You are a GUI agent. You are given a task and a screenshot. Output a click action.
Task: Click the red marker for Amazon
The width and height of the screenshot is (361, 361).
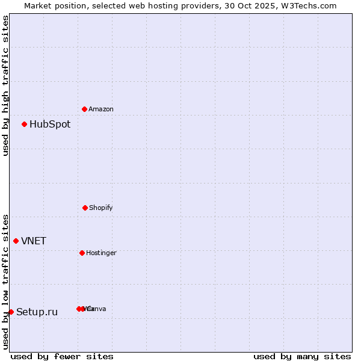[x=84, y=109]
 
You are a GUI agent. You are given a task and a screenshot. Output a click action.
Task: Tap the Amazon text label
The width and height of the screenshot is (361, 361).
[x=101, y=110]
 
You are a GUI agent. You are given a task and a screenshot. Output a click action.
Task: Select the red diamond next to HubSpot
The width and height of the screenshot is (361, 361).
[x=24, y=125]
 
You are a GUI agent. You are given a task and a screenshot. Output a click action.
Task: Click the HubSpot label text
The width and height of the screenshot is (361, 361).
[x=50, y=125]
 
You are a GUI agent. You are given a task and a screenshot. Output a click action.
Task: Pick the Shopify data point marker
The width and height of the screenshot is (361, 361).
[x=85, y=208]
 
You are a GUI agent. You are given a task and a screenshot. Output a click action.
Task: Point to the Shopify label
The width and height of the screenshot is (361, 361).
[x=101, y=208]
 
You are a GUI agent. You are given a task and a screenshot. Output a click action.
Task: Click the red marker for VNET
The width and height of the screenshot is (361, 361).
[x=16, y=241]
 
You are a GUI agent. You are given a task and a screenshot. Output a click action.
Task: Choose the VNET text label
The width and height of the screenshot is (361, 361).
[x=34, y=241]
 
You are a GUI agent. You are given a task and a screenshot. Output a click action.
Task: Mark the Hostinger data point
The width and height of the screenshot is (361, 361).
[x=82, y=253]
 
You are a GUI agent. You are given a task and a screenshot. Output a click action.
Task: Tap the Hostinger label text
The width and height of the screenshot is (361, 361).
[x=101, y=253]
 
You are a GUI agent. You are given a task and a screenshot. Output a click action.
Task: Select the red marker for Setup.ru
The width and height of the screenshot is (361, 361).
[x=11, y=312]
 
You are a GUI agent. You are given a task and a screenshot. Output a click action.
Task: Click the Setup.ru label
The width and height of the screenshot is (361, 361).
[x=37, y=312]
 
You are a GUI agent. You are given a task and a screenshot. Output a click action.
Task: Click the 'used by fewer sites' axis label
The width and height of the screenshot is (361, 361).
[x=62, y=356]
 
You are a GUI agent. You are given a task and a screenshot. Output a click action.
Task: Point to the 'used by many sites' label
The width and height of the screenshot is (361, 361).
[x=302, y=356]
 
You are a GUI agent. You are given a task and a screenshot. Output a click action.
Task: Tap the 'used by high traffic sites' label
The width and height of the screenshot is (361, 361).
[x=6, y=85]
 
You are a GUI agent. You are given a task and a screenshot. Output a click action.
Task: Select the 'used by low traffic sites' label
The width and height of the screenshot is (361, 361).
[x=6, y=282]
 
